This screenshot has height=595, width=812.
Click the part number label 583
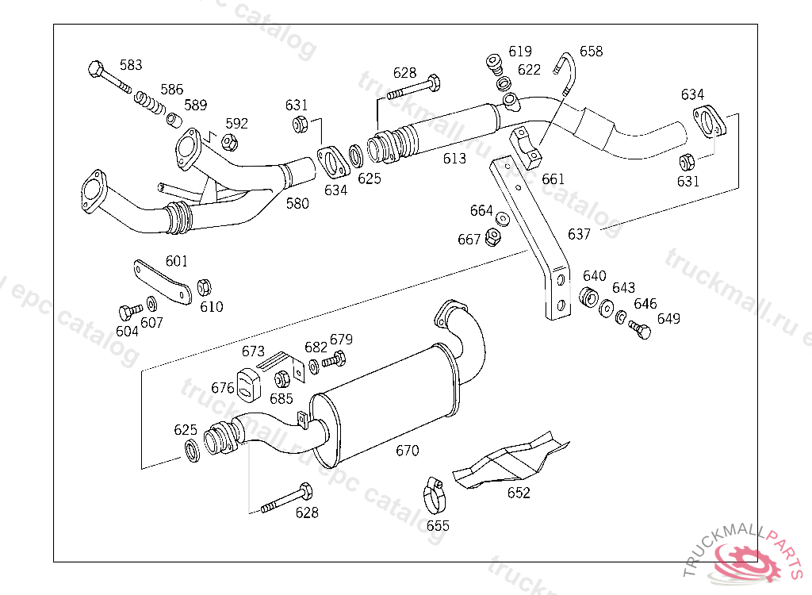click(x=131, y=65)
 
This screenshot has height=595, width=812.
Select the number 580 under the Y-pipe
click(x=297, y=203)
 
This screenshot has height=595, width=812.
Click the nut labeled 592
click(x=228, y=142)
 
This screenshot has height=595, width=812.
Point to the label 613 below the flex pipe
click(x=454, y=159)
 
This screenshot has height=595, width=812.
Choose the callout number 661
click(x=553, y=179)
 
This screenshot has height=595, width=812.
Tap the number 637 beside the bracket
click(x=580, y=234)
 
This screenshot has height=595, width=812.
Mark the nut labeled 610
click(x=202, y=286)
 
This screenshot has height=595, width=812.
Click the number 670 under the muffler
click(x=407, y=451)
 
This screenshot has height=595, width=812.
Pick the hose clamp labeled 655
click(x=435, y=496)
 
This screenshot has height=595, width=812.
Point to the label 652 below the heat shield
click(x=519, y=493)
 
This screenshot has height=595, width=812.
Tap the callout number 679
click(x=341, y=340)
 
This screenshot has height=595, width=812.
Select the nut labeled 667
click(x=492, y=237)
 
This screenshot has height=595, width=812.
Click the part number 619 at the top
click(x=520, y=52)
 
